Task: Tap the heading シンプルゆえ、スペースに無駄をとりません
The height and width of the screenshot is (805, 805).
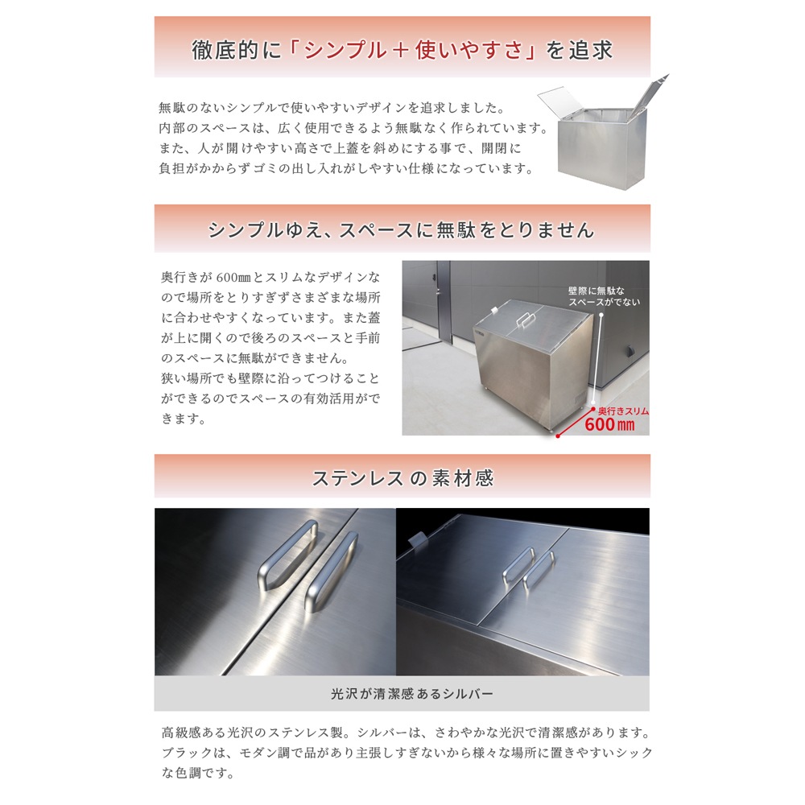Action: pyautogui.click(x=401, y=229)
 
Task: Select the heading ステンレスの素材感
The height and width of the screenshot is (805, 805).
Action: pyautogui.click(x=403, y=478)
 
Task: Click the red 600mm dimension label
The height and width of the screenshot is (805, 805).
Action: pyautogui.click(x=609, y=424)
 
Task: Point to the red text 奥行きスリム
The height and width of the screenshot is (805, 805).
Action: pyautogui.click(x=623, y=411)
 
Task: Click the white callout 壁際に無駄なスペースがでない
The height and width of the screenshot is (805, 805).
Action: pyautogui.click(x=605, y=296)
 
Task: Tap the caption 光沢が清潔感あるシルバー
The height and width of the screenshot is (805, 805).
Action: pyautogui.click(x=411, y=694)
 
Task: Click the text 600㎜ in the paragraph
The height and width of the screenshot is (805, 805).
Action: pyautogui.click(x=233, y=277)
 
